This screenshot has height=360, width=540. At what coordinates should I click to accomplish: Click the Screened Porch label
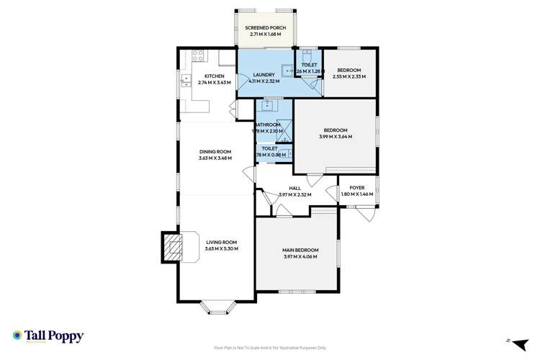pos(265,27)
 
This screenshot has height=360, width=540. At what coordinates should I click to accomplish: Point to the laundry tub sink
pos(287,71)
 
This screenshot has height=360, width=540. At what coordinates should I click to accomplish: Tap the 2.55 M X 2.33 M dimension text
pos(349,76)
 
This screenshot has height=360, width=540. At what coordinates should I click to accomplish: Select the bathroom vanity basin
pos(267,105)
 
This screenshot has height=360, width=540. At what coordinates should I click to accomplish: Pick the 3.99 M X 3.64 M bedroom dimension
pos(335,136)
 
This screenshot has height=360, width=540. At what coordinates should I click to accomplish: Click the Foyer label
pos(358,188)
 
